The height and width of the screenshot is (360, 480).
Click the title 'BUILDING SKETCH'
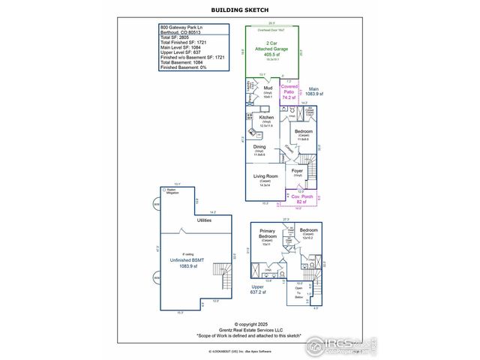click(239, 10)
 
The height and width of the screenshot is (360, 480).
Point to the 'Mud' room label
click(268, 89)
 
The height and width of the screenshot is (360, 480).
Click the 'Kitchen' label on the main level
click(266, 119)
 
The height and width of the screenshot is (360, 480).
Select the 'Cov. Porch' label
click(302, 199)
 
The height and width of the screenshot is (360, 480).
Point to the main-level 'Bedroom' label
click(303, 133)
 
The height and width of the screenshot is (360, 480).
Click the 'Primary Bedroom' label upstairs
click(268, 234)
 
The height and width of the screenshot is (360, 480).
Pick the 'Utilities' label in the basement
click(204, 220)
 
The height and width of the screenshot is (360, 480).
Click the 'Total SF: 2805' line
click(174, 37)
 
